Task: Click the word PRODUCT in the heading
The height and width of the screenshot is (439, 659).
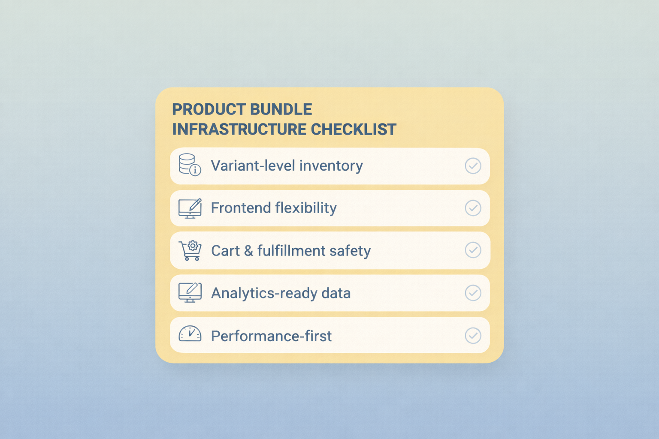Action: [x=208, y=110]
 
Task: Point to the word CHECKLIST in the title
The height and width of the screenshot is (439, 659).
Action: [x=354, y=129]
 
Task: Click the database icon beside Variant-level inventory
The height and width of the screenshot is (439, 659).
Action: [x=189, y=165]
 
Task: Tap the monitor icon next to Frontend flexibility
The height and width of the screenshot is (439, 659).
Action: [x=190, y=208]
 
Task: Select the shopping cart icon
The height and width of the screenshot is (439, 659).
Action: [x=190, y=250]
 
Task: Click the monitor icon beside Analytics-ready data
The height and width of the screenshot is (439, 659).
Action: [x=190, y=293]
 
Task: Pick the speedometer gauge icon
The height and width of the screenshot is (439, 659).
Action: [x=190, y=334]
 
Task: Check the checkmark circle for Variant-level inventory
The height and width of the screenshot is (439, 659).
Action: [x=473, y=166]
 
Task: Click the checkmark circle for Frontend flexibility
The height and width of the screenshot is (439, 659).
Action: [x=473, y=208]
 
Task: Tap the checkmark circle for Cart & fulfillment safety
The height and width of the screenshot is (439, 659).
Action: [x=473, y=250]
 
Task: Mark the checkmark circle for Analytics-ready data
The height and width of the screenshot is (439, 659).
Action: [x=473, y=293]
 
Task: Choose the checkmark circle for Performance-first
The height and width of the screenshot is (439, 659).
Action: [x=473, y=336]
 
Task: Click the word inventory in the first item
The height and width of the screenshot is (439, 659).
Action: [x=331, y=166]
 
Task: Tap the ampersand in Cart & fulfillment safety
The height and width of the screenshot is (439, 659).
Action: [x=248, y=251]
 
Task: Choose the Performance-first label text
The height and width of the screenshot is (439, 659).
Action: [x=271, y=336]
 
